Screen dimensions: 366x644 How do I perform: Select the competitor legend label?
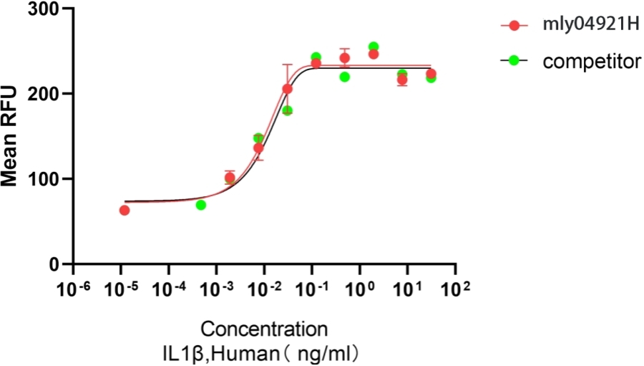coord(592,62)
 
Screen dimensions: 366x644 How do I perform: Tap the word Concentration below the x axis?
coord(265,330)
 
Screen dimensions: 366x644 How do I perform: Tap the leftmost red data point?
coord(125,210)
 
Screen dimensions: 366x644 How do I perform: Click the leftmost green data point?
coord(201,205)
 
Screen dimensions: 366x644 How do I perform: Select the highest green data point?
coord(374,47)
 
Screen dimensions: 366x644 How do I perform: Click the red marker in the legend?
coord(514,27)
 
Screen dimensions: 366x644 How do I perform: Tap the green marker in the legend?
coord(514,62)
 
